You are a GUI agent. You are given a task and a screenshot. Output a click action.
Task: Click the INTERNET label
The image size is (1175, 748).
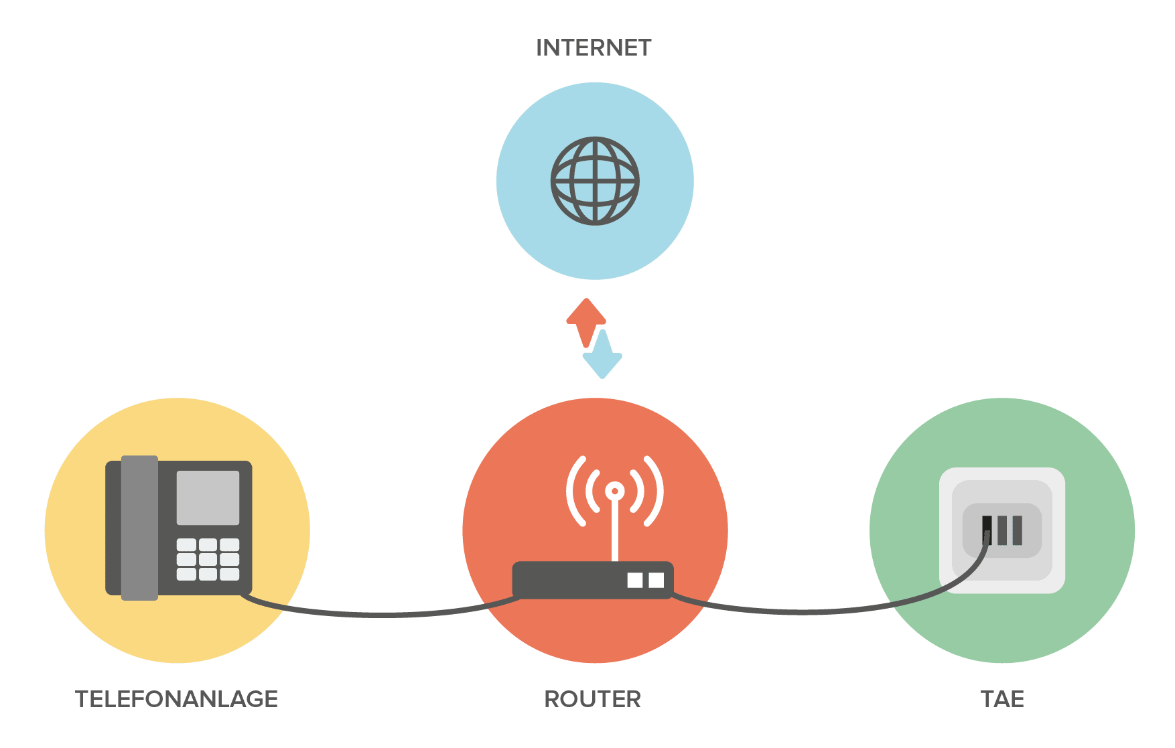(x=594, y=48)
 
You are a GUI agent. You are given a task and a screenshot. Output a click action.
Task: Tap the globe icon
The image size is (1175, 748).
(x=595, y=181)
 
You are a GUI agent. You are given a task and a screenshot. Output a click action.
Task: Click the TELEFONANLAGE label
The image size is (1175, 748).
(x=176, y=699)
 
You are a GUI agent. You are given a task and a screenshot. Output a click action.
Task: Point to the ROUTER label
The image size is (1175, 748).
(x=593, y=699)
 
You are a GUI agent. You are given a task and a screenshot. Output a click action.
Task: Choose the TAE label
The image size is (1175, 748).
(x=1002, y=699)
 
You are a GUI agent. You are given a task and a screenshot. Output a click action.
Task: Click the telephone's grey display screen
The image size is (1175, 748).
(x=208, y=498)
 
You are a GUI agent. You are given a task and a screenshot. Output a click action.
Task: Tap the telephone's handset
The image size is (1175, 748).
(x=139, y=528)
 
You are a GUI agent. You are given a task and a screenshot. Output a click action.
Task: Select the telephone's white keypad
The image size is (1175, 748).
(x=208, y=559)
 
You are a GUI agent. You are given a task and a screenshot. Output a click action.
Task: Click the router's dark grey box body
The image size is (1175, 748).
(x=569, y=580)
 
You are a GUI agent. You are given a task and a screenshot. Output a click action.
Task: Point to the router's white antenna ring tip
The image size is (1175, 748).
(x=614, y=492)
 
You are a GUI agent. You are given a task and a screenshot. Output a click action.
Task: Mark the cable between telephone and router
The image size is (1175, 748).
(x=382, y=613)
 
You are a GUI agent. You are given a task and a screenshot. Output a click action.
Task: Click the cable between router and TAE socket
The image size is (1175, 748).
(x=804, y=611)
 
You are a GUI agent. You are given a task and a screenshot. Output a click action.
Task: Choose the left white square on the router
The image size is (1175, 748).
(x=634, y=580)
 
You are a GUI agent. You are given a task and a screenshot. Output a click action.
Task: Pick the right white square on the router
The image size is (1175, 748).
(x=656, y=580)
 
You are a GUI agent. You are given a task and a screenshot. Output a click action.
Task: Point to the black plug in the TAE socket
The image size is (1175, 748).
(x=987, y=529)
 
